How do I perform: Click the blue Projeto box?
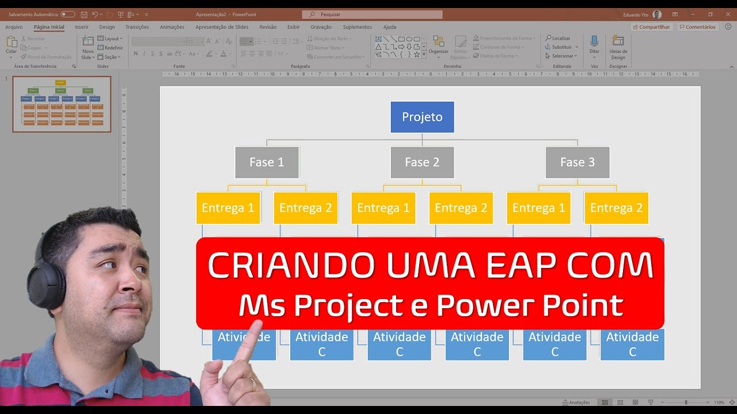pyautogui.click(x=422, y=117)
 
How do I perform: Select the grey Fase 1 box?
pyautogui.click(x=267, y=162)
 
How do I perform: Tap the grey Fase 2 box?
pyautogui.click(x=422, y=162)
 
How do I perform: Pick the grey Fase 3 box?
pyautogui.click(x=578, y=162)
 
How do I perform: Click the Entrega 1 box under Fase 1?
pyautogui.click(x=228, y=208)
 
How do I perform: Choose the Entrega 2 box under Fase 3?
pyautogui.click(x=616, y=208)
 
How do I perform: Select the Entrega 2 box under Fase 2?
pyautogui.click(x=461, y=208)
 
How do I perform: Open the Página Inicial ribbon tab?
pyautogui.click(x=49, y=27)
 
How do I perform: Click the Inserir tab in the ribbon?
pyautogui.click(x=81, y=27)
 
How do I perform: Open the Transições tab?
pyautogui.click(x=137, y=27)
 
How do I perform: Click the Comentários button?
pyautogui.click(x=697, y=27)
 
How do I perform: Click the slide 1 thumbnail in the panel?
pyautogui.click(x=62, y=103)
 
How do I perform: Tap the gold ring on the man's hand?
pyautogui.click(x=252, y=384)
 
